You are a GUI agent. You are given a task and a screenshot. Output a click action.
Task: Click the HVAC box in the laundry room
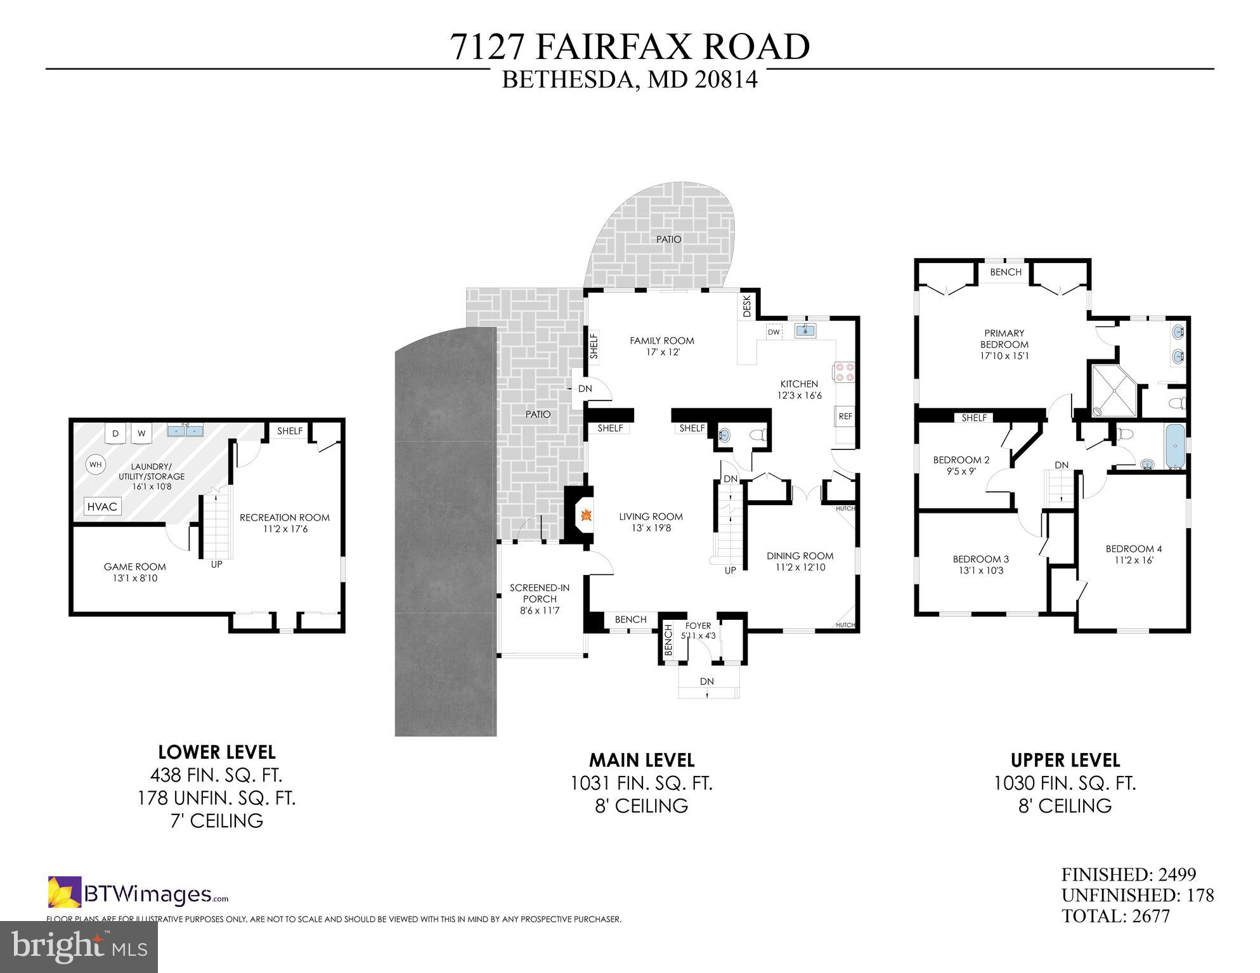tap(102, 506)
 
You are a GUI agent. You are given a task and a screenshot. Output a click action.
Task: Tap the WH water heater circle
tap(95, 465)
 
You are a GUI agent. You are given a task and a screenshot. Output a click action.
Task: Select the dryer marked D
tap(115, 434)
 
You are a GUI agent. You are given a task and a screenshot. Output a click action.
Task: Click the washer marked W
tap(142, 434)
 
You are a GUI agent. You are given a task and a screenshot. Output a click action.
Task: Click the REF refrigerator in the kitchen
tap(845, 416)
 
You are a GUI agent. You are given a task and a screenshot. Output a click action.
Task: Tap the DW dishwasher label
tap(773, 332)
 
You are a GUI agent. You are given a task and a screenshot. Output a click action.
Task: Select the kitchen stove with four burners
tap(845, 371)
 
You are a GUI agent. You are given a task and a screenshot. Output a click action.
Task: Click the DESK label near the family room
tap(746, 306)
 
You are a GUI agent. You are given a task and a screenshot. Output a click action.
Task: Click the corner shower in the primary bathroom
tap(1112, 389)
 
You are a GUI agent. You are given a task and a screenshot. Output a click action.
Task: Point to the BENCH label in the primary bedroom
tap(1006, 272)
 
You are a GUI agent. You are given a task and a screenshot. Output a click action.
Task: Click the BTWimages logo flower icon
tap(64, 892)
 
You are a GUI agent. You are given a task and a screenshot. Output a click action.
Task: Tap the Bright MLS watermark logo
tap(79, 947)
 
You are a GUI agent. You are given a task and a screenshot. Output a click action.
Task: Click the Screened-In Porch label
tap(540, 593)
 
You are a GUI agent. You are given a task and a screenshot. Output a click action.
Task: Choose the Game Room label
tap(134, 567)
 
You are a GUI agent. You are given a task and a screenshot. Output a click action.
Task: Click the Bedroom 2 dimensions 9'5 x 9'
tap(961, 471)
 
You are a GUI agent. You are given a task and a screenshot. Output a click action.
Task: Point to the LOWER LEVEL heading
tap(216, 752)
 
